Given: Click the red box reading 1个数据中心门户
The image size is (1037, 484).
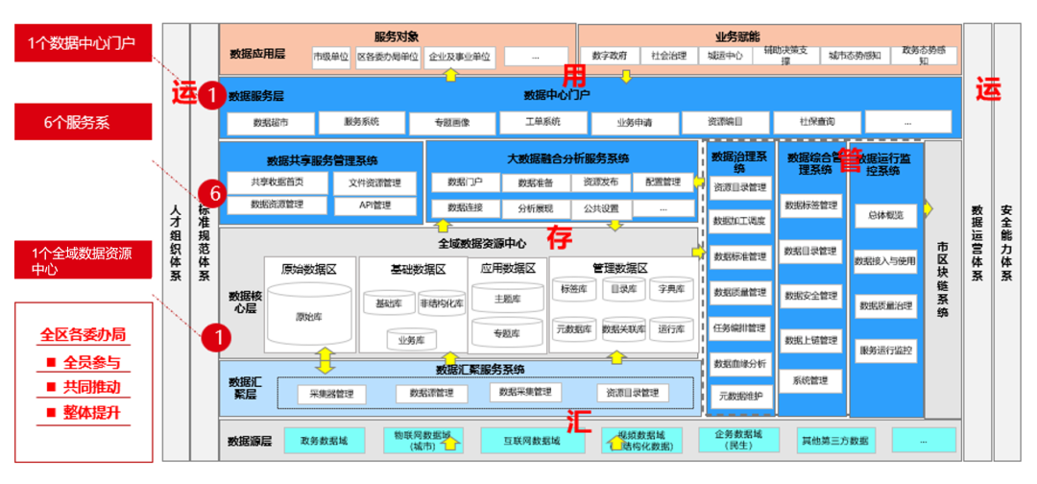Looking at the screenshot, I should pos(83,43).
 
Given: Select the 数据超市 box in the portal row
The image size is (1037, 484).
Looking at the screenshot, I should pos(270,123).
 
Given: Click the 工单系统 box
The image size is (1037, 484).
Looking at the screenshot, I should pos(543,122).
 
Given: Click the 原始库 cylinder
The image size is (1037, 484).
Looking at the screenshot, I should pos(308,316).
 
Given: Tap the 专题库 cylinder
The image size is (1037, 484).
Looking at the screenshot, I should pos(506,333).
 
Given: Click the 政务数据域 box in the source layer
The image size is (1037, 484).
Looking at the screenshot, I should pos(324,441).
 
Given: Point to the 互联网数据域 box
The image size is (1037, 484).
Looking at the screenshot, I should pos(531,441).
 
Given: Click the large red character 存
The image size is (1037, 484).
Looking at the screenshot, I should pos(561,236).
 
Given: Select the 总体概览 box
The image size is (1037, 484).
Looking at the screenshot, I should pos(885,216).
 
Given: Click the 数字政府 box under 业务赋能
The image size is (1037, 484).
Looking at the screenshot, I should pos(610,56).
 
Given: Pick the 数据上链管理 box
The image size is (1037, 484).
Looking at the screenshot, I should pos(810,340).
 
